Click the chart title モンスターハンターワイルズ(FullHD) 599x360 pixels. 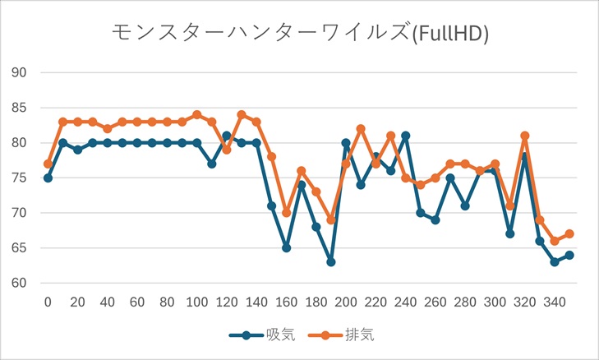point(300,33)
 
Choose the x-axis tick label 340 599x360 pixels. point(554,302)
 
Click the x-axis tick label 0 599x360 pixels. point(48,302)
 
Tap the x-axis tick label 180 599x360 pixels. point(316,302)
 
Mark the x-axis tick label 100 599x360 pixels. point(196,302)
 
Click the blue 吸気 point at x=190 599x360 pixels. point(331,262)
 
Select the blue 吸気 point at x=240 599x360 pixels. point(405,136)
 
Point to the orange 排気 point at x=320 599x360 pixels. point(524,136)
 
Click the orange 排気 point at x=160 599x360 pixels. point(286,213)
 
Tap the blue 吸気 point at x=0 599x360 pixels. point(48,178)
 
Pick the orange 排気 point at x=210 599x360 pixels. point(361,128)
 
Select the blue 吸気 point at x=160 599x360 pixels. point(286,248)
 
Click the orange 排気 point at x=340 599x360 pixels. point(554,241)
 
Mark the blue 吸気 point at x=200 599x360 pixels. point(346,142)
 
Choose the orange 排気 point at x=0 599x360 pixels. point(48,164)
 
